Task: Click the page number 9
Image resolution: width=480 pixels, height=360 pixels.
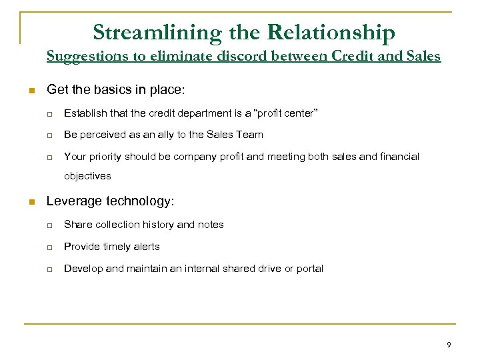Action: pyautogui.click(x=449, y=345)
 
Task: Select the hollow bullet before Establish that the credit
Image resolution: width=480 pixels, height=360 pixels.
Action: pyautogui.click(x=50, y=113)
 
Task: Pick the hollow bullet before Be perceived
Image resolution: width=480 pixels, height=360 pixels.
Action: pyautogui.click(x=50, y=135)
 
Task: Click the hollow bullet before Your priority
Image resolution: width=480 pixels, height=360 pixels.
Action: pyautogui.click(x=50, y=157)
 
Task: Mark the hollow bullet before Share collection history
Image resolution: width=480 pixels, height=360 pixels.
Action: pyautogui.click(x=50, y=225)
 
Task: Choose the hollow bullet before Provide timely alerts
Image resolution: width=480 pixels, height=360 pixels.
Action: pyautogui.click(x=50, y=247)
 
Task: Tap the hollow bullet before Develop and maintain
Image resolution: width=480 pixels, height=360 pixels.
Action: pyautogui.click(x=50, y=269)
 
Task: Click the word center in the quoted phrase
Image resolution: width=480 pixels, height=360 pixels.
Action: pyautogui.click(x=302, y=113)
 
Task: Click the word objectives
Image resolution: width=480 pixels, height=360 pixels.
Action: pyautogui.click(x=87, y=177)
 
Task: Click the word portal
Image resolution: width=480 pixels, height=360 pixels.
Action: pyautogui.click(x=310, y=269)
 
